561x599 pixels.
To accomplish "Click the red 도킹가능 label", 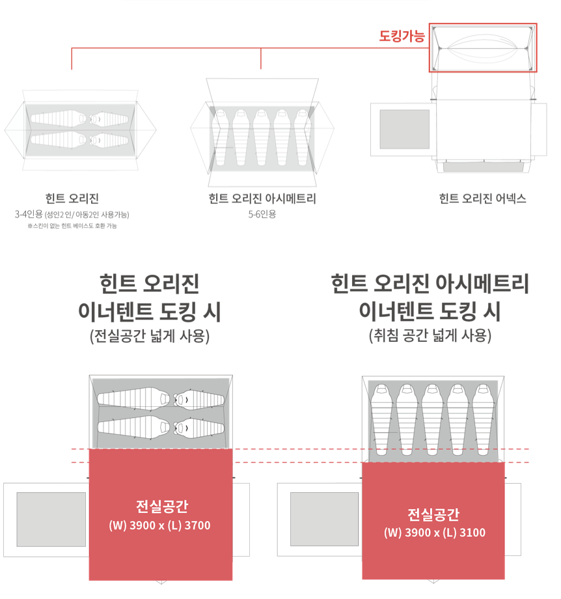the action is click(402, 36).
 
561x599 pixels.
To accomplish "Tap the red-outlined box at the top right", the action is click(483, 23).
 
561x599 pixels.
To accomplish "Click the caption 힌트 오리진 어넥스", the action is click(482, 199).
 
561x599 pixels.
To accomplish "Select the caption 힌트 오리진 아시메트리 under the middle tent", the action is click(262, 199).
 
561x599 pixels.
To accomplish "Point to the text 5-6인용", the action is click(262, 214).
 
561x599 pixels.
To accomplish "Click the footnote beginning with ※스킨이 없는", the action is click(72, 226).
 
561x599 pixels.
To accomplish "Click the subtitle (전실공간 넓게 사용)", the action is click(150, 336).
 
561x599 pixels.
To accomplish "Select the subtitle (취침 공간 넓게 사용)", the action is click(430, 336).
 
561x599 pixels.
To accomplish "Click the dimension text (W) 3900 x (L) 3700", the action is click(159, 525).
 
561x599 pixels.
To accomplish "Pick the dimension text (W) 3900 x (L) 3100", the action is click(435, 533).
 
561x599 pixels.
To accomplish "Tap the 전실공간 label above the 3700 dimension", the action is click(162, 506).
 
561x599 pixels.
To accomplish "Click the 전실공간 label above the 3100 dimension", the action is click(433, 514).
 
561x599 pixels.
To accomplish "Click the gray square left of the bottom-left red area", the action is click(51, 520).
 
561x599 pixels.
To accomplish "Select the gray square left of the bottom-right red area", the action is click(325, 519).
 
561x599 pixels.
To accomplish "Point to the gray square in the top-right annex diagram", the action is click(405, 129).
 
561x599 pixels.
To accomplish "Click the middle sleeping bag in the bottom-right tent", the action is click(432, 419).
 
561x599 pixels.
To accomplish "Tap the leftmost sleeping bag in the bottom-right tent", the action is click(381, 419).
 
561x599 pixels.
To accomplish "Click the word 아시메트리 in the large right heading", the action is click(482, 283).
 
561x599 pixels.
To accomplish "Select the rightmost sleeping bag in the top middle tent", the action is click(303, 137).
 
